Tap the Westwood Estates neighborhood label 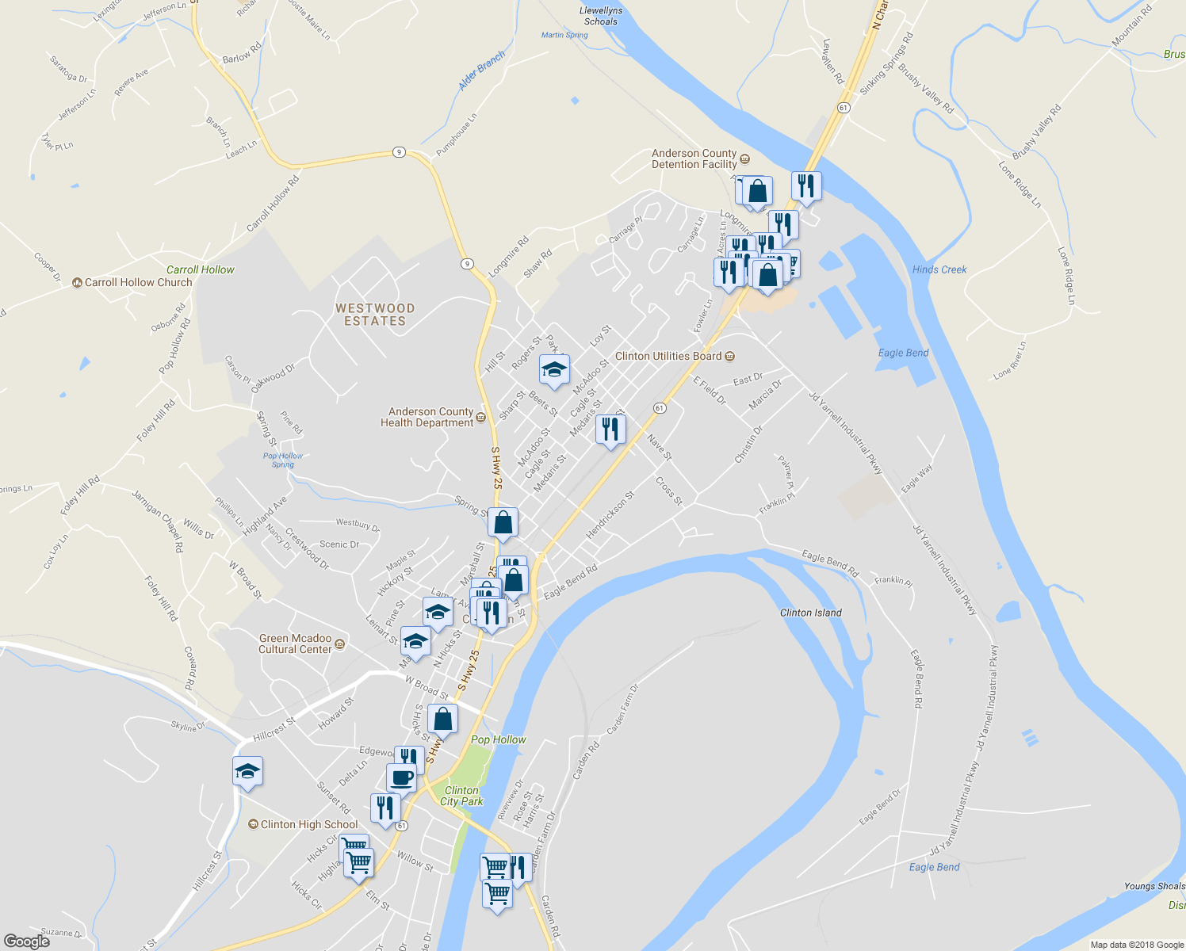click(375, 315)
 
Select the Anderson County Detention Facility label click(694, 159)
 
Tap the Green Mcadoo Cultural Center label click(296, 644)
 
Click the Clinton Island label click(810, 613)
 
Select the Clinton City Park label click(461, 796)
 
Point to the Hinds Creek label click(939, 269)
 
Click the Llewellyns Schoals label click(601, 16)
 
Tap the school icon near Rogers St click(554, 370)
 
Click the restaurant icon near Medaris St click(610, 430)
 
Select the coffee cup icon click(401, 777)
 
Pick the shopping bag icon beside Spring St click(503, 523)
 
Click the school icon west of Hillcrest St click(247, 771)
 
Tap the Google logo click(27, 941)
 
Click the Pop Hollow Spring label click(283, 460)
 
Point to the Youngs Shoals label click(1153, 886)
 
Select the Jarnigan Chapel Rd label click(157, 521)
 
